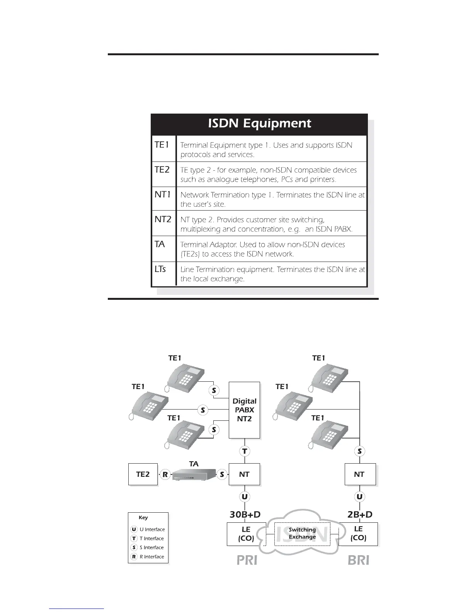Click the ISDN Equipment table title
(x=259, y=123)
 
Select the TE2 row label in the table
(x=162, y=170)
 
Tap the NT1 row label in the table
(x=163, y=194)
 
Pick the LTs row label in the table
(x=160, y=269)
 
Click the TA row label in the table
(x=160, y=244)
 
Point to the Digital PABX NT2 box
(x=244, y=410)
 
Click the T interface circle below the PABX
(x=245, y=451)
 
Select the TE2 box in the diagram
(x=143, y=474)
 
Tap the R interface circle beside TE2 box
(x=165, y=474)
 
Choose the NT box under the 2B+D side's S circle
(x=359, y=474)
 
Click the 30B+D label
(x=245, y=514)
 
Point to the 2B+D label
(x=360, y=514)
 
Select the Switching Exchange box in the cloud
(x=302, y=534)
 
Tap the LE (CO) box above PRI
(x=246, y=534)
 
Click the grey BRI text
(x=358, y=560)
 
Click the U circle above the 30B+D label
(x=245, y=496)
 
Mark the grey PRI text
(x=247, y=560)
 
